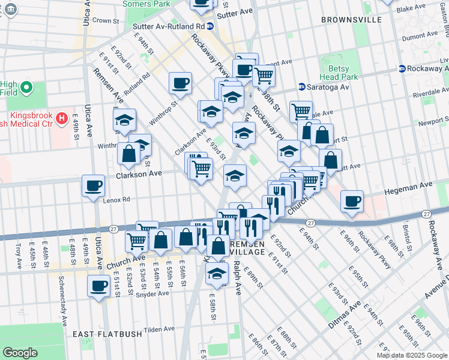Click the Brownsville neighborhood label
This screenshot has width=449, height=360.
point(351,20)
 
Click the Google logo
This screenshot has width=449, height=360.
point(20,353)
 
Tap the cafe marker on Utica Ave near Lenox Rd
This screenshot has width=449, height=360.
point(93,187)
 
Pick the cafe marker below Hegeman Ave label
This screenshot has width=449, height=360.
point(352,201)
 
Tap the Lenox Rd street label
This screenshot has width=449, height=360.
point(116,200)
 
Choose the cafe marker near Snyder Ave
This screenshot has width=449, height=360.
point(98,286)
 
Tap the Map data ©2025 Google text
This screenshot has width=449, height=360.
point(412,355)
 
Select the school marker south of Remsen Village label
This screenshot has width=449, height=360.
point(217,274)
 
